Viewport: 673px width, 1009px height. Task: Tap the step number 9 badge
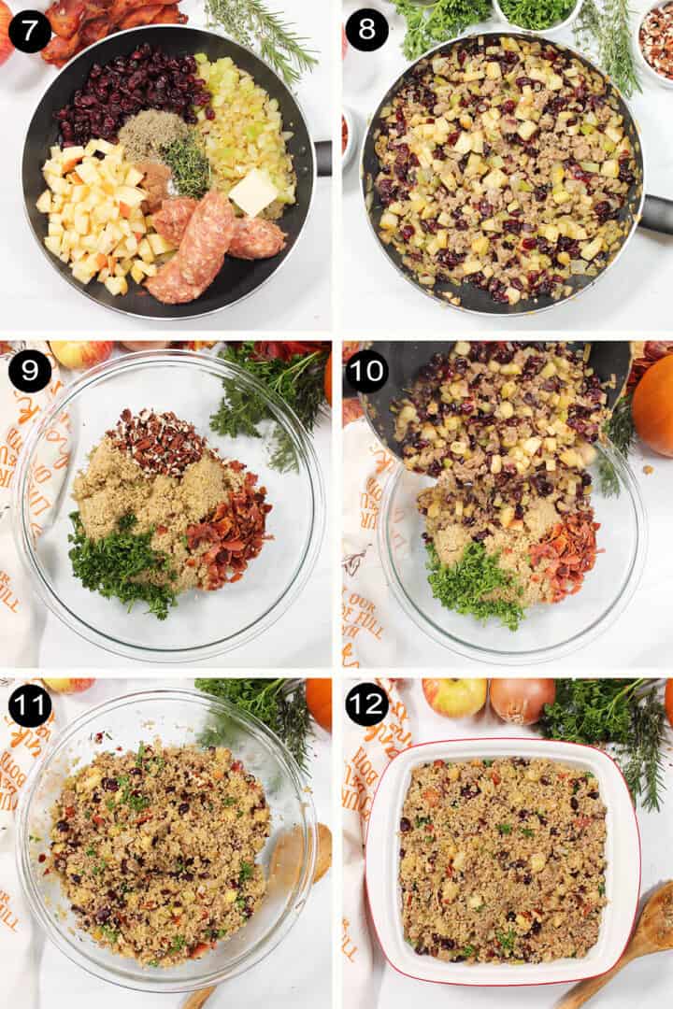click(30, 371)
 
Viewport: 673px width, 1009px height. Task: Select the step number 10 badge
click(366, 371)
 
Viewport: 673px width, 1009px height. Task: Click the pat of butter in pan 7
click(253, 192)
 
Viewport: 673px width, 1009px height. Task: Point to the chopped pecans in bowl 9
click(157, 439)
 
